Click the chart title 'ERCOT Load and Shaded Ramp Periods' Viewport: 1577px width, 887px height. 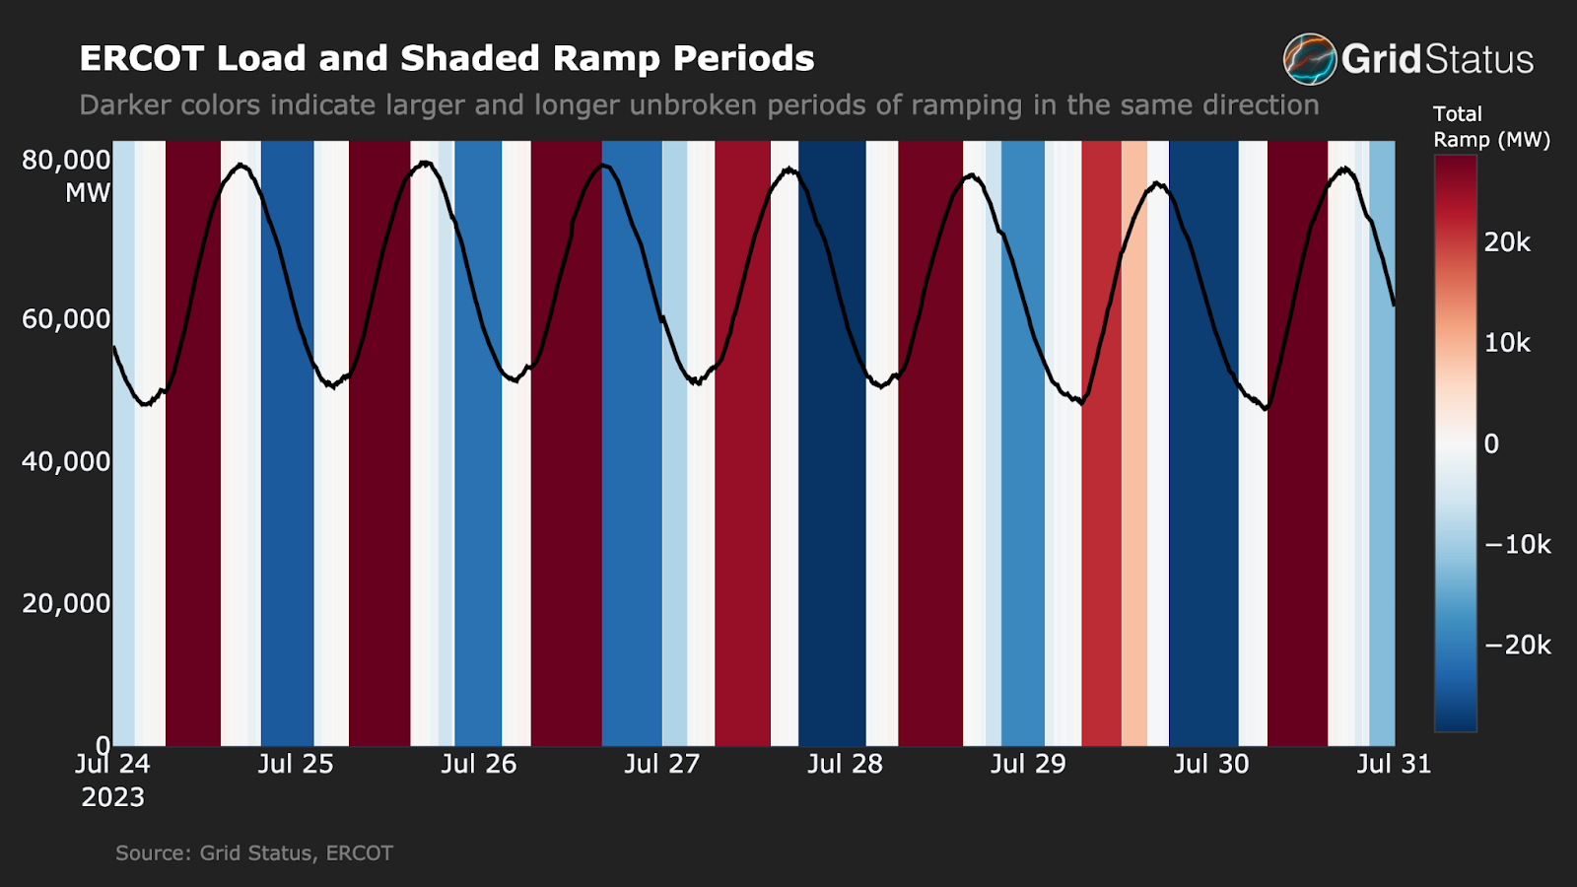pyautogui.click(x=446, y=58)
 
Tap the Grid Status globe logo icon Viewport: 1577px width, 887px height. pyautogui.click(x=1309, y=59)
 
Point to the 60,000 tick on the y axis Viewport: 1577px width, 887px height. pyautogui.click(x=66, y=319)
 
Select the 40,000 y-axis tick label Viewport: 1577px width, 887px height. pyautogui.click(x=66, y=461)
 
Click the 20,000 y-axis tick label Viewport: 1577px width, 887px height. pyautogui.click(x=66, y=603)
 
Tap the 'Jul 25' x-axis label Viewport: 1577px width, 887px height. pyautogui.click(x=296, y=764)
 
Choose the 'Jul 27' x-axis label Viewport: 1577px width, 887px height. pyautogui.click(x=661, y=764)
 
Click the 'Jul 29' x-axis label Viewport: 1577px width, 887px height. pyautogui.click(x=1028, y=764)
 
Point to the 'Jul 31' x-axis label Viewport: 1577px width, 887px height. pyautogui.click(x=1393, y=764)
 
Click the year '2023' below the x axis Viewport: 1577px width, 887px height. pyautogui.click(x=112, y=797)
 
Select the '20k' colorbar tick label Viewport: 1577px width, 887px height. pyautogui.click(x=1507, y=242)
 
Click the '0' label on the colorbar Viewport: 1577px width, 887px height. pyautogui.click(x=1491, y=443)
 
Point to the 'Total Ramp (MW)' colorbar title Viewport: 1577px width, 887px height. pyautogui.click(x=1490, y=127)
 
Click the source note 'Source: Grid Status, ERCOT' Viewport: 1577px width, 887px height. pyautogui.click(x=253, y=853)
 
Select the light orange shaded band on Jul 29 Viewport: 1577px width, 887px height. pyautogui.click(x=1134, y=443)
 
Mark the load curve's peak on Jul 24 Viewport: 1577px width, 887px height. pyautogui.click(x=240, y=165)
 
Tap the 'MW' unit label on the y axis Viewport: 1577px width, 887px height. pyautogui.click(x=88, y=193)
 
